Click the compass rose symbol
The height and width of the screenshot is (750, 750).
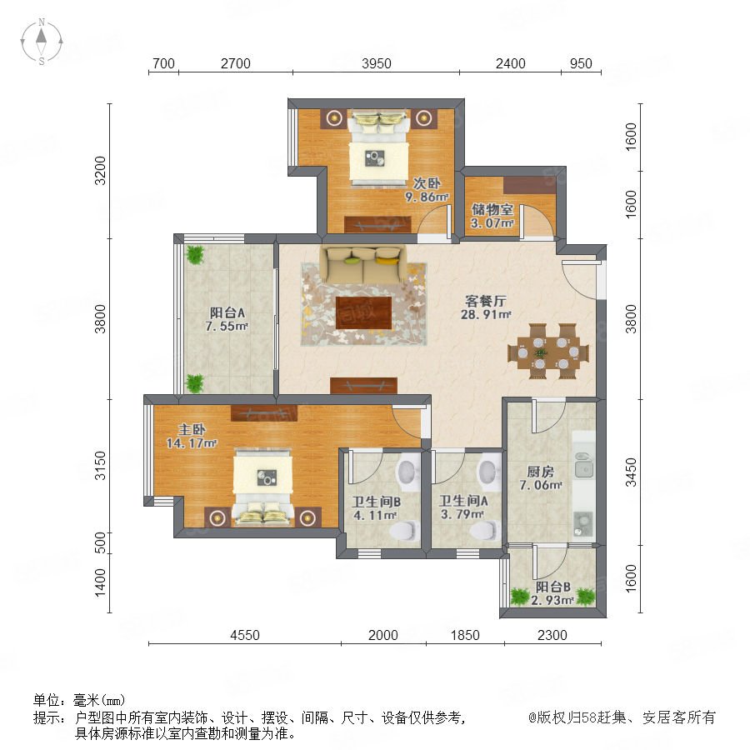point(42,42)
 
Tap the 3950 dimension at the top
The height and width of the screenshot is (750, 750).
point(377,63)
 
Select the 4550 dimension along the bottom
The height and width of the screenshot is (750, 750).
point(245,635)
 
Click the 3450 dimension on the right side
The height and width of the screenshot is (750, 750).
point(632,472)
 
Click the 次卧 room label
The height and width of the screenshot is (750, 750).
point(427,183)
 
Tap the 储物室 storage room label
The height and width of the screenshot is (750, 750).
point(492,209)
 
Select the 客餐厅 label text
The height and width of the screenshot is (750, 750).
point(486,301)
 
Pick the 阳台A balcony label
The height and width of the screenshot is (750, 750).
point(227,312)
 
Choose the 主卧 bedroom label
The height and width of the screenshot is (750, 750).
point(192,429)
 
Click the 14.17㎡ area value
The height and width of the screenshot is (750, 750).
point(192,443)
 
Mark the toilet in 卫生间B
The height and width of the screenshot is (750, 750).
point(403,531)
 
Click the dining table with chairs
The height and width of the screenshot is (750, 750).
point(548,352)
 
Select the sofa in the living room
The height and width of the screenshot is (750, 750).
point(363,264)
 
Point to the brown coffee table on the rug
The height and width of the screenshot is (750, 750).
point(363,312)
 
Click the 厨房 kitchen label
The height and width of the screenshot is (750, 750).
point(541,472)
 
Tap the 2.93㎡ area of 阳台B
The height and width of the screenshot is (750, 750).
point(552,600)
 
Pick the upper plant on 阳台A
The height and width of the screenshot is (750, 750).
point(195,254)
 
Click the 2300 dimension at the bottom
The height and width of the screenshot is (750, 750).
point(552,635)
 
